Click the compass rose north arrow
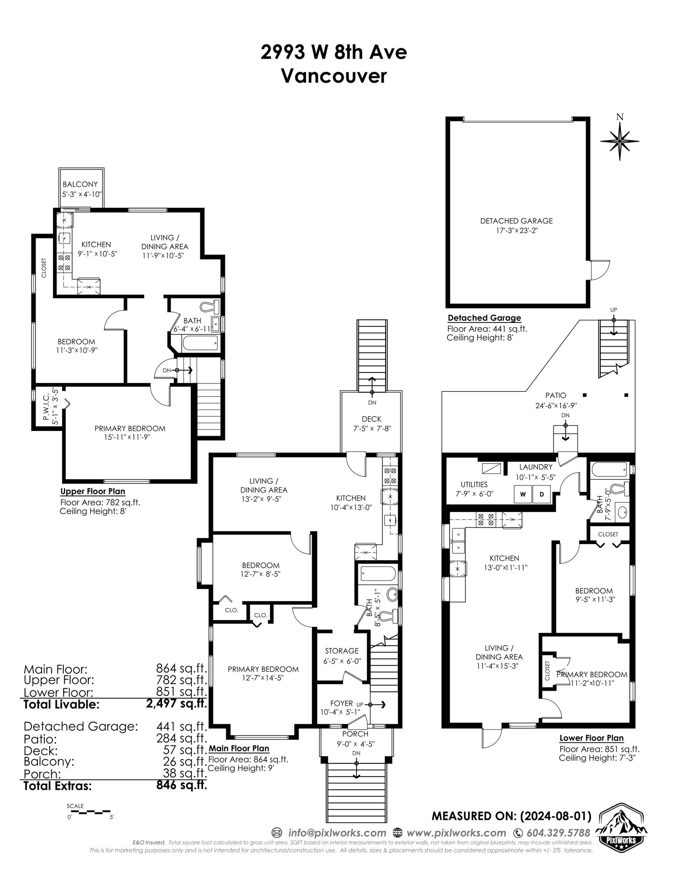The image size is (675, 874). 619,140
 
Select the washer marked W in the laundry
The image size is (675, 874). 523,494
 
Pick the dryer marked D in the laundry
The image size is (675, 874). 542,494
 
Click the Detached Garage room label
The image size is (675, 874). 516,220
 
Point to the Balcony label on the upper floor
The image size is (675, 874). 80,184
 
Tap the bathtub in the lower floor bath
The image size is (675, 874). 608,469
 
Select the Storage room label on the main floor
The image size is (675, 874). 342,651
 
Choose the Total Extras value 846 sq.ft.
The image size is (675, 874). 182,785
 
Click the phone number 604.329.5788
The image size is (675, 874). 558,833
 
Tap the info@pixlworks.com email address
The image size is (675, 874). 337,833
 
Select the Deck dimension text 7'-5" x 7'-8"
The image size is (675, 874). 372,428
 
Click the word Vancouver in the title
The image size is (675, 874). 334,76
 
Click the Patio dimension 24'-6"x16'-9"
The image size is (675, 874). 556,406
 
